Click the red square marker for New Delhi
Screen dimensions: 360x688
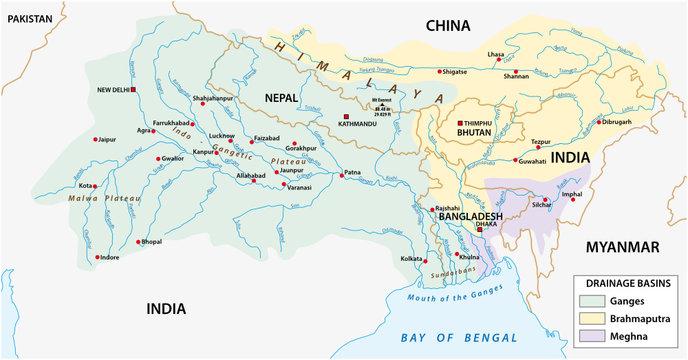click(x=133, y=90)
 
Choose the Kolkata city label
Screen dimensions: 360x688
click(x=410, y=260)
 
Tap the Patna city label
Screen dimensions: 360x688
click(x=352, y=173)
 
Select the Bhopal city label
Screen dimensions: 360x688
click(x=151, y=242)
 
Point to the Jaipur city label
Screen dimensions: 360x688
click(x=109, y=139)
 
